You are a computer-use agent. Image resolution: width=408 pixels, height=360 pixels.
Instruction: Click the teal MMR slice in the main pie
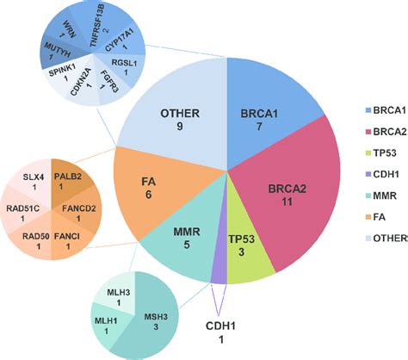[x=181, y=241]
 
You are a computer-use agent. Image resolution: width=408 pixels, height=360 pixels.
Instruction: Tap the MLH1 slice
[x=107, y=328]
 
